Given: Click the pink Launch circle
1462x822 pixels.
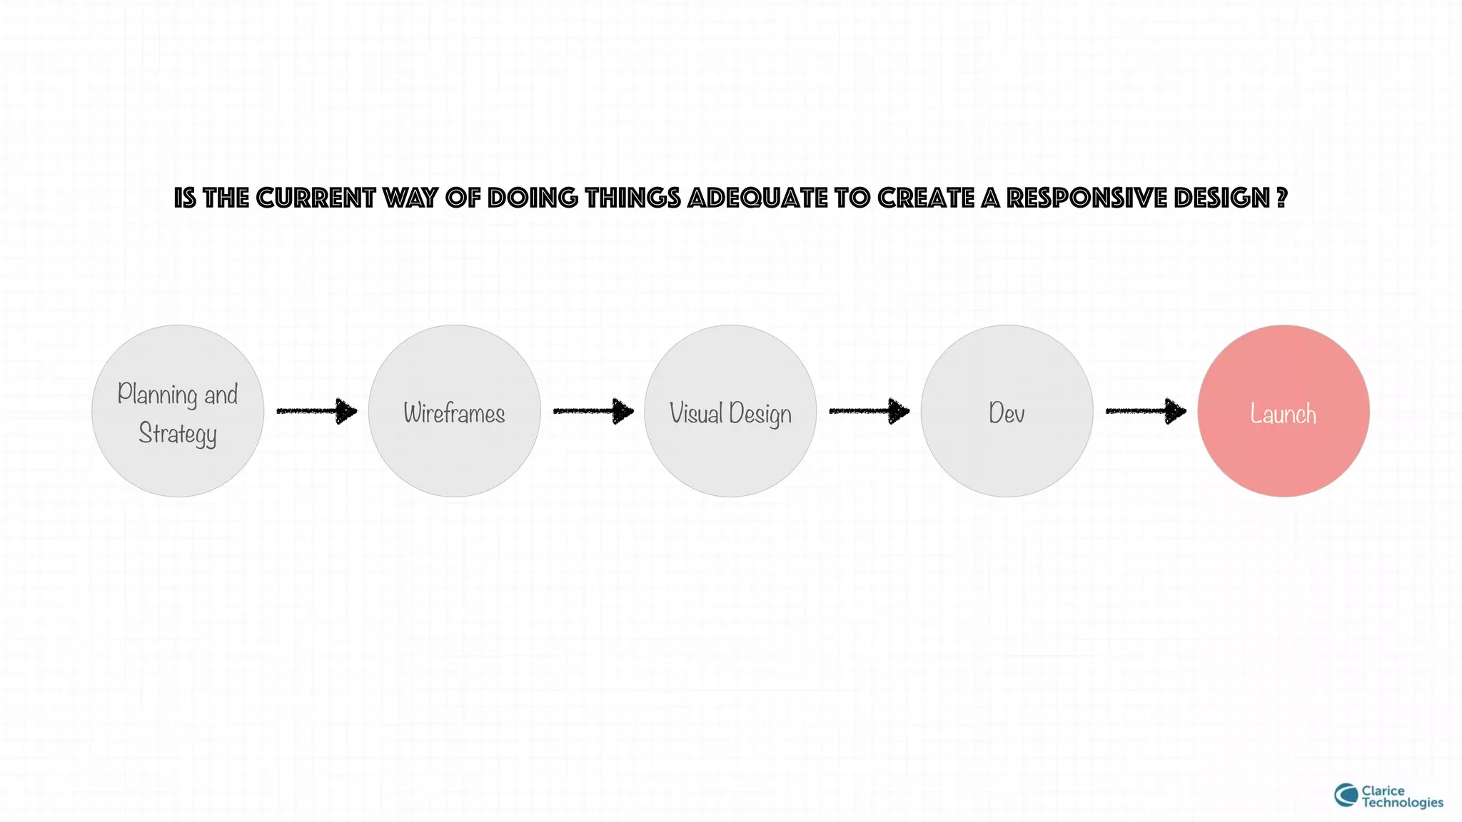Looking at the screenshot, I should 1283,411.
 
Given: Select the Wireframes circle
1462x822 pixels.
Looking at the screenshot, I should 454,411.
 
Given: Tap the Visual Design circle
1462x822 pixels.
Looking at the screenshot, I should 730,411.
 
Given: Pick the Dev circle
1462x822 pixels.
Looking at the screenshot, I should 1007,411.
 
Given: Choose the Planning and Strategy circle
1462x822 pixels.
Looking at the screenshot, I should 178,411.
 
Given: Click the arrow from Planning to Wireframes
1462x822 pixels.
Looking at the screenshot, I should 316,411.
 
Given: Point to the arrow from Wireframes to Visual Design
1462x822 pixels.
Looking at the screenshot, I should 593,411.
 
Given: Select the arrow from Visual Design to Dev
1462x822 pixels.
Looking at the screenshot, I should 869,411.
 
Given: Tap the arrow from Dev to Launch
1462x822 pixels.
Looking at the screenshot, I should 1145,411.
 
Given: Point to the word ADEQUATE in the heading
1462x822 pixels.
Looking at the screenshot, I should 757,198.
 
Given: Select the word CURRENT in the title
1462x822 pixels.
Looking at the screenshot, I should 315,198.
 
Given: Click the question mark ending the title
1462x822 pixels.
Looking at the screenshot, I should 1281,198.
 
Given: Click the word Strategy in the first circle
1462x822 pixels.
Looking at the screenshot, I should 178,434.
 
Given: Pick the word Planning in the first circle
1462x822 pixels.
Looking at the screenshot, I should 157,394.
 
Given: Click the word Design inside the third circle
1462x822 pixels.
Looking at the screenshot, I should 760,414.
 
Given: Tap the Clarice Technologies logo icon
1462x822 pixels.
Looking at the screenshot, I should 1346,796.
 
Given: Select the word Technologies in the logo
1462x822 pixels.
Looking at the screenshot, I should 1402,803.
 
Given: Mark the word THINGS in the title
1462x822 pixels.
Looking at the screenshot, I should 632,198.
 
